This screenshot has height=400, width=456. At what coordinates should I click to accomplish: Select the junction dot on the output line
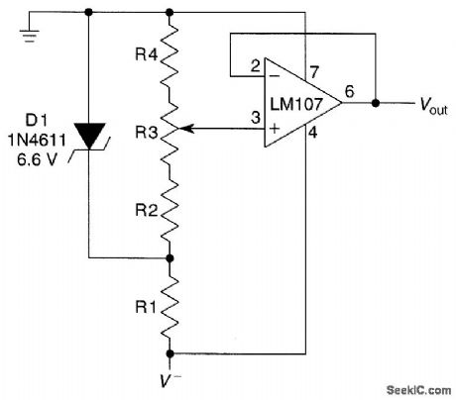[x=376, y=102]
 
